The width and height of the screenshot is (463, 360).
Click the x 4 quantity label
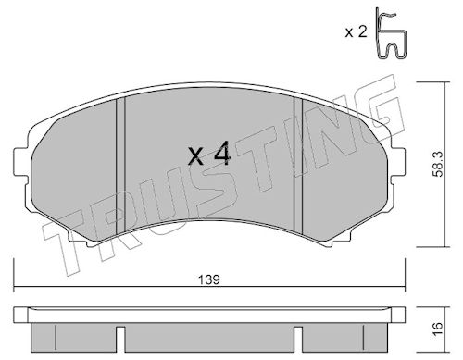pyautogui.click(x=209, y=154)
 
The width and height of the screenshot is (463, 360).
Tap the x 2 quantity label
pyautogui.click(x=357, y=31)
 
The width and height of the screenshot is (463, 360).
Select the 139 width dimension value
pyautogui.click(x=209, y=279)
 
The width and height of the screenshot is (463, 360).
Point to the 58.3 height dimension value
pyautogui.click(x=437, y=164)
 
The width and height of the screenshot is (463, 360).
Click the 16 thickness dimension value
pyautogui.click(x=437, y=328)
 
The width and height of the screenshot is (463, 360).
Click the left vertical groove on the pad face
pyautogui.click(x=120, y=166)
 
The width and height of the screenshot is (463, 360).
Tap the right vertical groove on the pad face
pyautogui.click(x=298, y=165)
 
